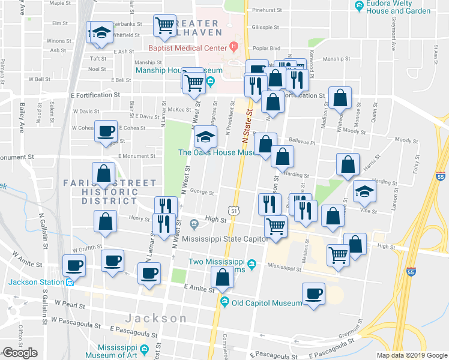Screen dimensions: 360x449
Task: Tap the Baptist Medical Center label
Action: (188, 47)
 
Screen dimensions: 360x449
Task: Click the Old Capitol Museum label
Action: (267, 303)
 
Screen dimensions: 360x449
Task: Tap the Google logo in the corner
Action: (20, 353)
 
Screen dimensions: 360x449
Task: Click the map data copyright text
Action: (411, 355)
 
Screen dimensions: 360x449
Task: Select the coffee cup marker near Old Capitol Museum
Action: (313, 294)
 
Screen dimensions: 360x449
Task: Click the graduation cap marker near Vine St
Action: (364, 192)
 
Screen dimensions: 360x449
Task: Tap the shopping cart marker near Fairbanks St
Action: (164, 26)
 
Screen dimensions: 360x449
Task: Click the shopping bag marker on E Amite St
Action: (223, 278)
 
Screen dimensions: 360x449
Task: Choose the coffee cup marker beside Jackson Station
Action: (74, 265)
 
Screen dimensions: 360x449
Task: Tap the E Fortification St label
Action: (95, 95)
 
